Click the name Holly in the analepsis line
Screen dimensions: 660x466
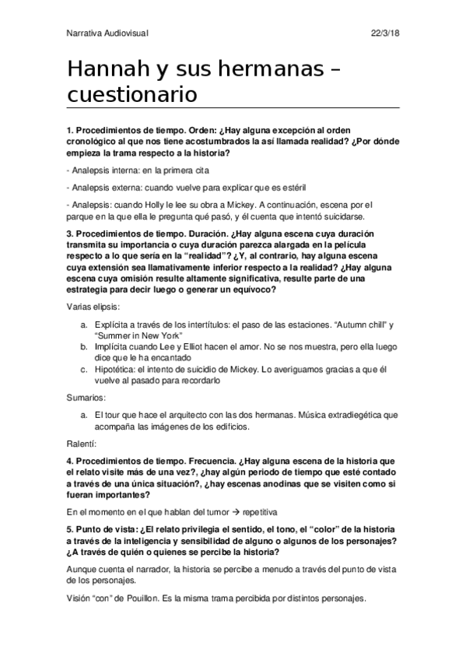(x=143, y=205)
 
